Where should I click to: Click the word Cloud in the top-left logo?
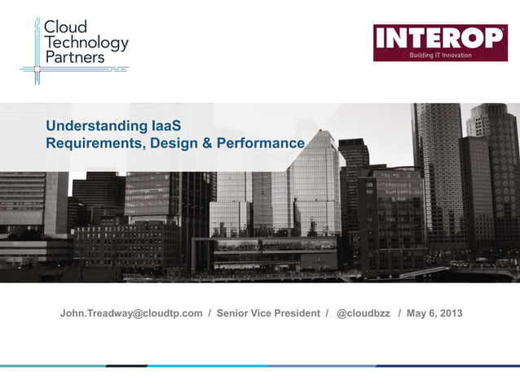click(x=65, y=26)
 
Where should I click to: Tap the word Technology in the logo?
click(x=86, y=42)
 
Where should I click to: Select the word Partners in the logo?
click(x=74, y=57)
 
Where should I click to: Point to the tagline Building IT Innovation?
click(x=440, y=55)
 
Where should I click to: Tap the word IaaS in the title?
click(x=165, y=126)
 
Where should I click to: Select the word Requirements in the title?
click(x=90, y=143)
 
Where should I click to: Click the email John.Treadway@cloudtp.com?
click(x=131, y=313)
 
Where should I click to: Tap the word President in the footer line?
click(x=297, y=313)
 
